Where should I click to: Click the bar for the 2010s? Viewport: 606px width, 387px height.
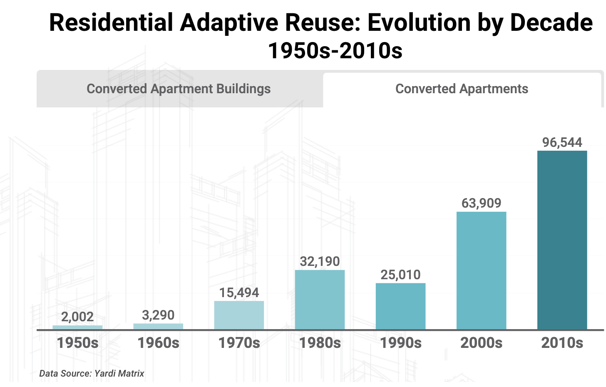click(x=562, y=240)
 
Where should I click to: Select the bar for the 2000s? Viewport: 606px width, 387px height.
click(x=481, y=270)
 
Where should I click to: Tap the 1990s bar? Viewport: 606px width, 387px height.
click(x=401, y=306)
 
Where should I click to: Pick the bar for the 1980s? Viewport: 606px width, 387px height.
click(x=320, y=300)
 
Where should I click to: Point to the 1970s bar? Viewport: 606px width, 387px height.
click(x=239, y=315)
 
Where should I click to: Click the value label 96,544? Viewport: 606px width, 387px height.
click(x=562, y=142)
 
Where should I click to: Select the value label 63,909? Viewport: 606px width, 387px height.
click(x=481, y=203)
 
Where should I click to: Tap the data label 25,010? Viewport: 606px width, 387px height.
click(x=401, y=275)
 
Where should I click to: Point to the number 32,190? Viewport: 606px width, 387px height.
click(x=320, y=261)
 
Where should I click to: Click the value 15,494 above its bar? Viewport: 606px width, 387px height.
click(x=239, y=293)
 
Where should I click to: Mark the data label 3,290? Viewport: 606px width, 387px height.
click(x=158, y=315)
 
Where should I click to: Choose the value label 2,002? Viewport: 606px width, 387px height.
click(x=77, y=317)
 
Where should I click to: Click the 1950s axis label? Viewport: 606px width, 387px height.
click(x=77, y=343)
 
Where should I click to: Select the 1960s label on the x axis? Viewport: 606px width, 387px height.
click(x=158, y=343)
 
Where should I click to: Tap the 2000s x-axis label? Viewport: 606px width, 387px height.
click(x=481, y=343)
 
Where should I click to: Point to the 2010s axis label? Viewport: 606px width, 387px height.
click(x=562, y=343)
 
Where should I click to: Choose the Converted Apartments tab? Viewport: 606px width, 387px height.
click(x=462, y=89)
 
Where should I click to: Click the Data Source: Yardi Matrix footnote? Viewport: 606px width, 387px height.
click(x=92, y=374)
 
